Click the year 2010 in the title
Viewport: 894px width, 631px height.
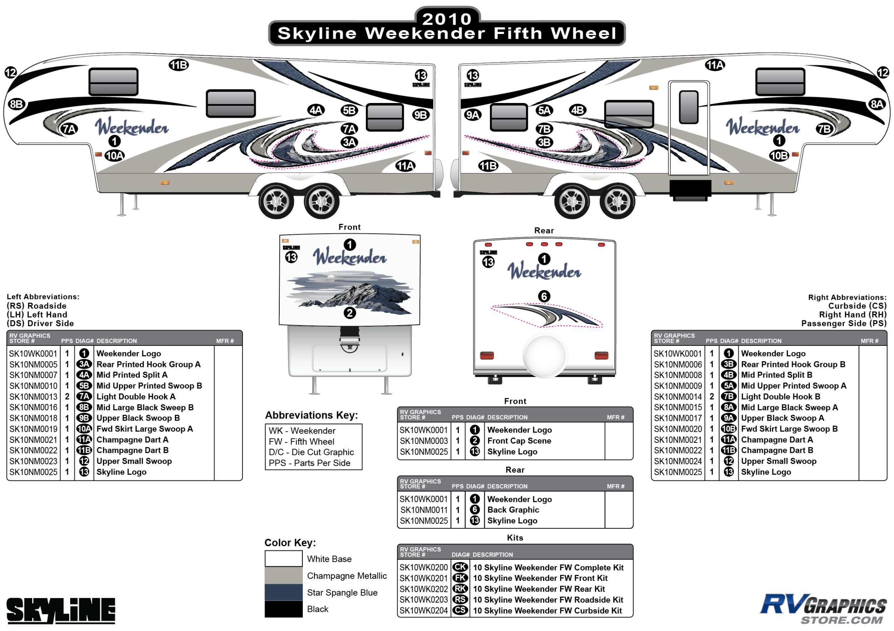coord(447,19)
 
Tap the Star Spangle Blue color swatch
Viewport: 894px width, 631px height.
coord(284,592)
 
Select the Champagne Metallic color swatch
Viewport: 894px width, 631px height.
coord(284,575)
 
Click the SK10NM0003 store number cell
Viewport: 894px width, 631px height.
coord(424,441)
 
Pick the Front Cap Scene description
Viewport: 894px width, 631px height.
coord(519,441)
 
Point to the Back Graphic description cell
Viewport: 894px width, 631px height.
coord(513,510)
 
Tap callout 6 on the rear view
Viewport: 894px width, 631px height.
coord(544,297)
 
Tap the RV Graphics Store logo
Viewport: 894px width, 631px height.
coord(823,608)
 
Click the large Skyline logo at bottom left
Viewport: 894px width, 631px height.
coord(61,610)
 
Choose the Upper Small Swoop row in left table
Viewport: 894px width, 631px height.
coord(134,461)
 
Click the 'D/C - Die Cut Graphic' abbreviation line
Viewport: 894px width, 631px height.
coord(311,452)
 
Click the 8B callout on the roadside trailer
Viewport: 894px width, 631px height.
coord(16,104)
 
